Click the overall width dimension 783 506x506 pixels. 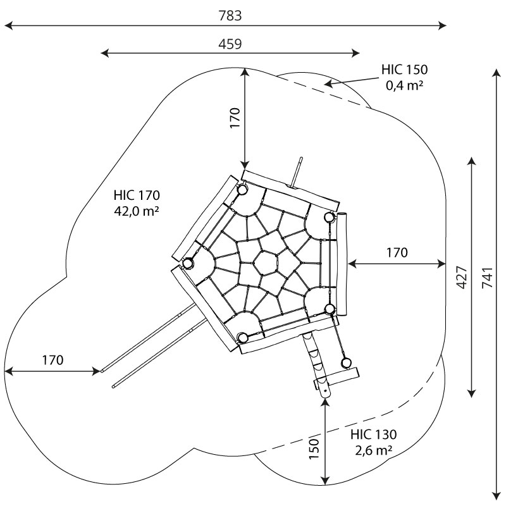(230, 15)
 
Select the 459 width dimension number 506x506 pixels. (230, 44)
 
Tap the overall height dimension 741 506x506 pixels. (487, 278)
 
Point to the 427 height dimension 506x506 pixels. (462, 278)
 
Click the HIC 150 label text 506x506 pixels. (404, 70)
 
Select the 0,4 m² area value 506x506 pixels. (404, 85)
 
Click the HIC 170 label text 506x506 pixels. (137, 195)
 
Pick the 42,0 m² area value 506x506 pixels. (137, 211)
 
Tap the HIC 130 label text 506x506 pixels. (373, 435)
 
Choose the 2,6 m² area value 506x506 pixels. (374, 450)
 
